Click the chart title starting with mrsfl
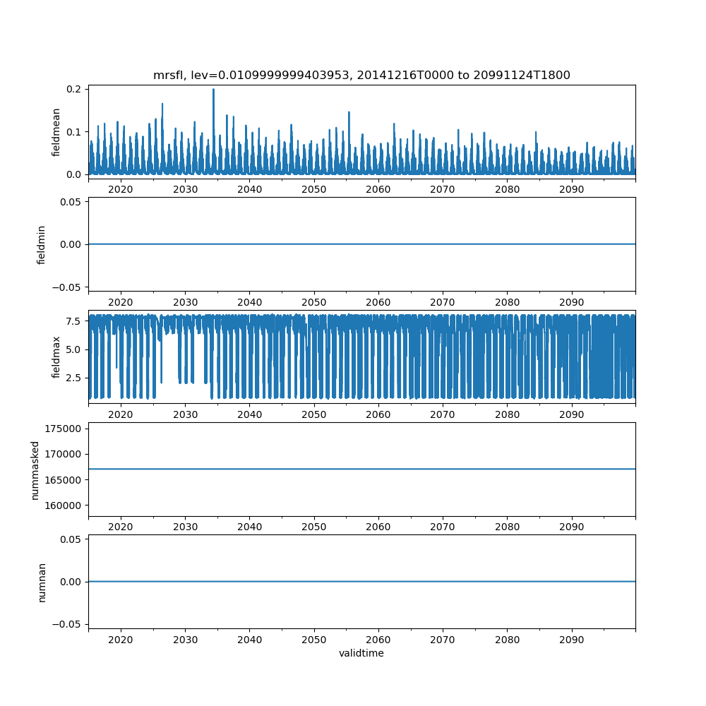[x=361, y=75]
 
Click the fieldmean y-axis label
[x=56, y=132]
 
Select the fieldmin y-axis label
[x=42, y=244]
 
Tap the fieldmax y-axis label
[x=56, y=357]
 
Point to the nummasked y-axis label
[x=35, y=469]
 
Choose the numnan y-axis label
[x=42, y=582]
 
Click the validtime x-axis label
[x=361, y=653]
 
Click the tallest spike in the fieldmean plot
[x=213, y=90]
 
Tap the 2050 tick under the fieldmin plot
[x=314, y=301]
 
